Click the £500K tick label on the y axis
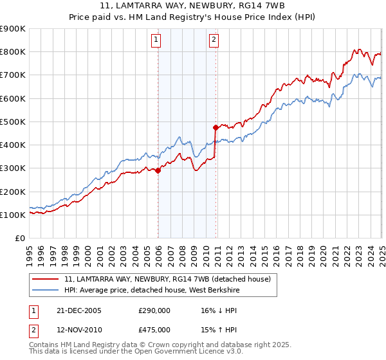click(13, 122)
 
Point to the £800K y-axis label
click(13, 52)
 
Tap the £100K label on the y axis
click(13, 215)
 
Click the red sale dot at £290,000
click(158, 170)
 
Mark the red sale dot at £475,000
click(216, 127)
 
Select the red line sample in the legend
click(46, 278)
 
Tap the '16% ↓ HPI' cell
click(219, 310)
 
